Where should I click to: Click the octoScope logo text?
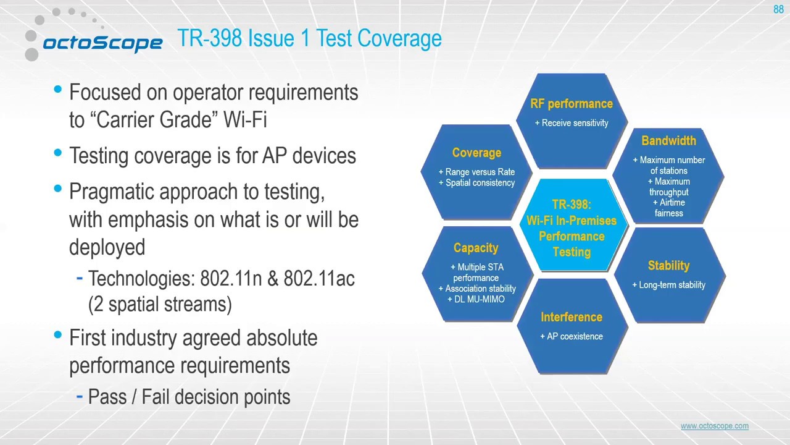(102, 43)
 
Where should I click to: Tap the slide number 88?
(778, 9)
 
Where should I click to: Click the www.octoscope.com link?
(714, 426)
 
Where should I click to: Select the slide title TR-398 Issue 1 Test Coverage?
(309, 38)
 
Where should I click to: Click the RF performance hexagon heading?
(572, 104)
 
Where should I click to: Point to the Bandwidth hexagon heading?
(668, 141)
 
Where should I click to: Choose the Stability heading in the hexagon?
(668, 266)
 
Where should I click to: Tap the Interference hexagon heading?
(571, 317)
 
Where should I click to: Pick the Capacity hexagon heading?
(475, 248)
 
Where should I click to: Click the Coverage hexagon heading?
(476, 153)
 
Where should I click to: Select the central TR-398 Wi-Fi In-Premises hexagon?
(572, 228)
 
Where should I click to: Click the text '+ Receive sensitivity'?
(572, 123)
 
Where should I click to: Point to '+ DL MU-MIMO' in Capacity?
(476, 299)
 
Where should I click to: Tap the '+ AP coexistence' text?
(572, 336)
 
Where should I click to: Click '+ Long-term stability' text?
(668, 285)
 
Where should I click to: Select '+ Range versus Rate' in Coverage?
(476, 172)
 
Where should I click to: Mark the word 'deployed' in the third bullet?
(107, 247)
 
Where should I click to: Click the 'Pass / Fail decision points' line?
(189, 397)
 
